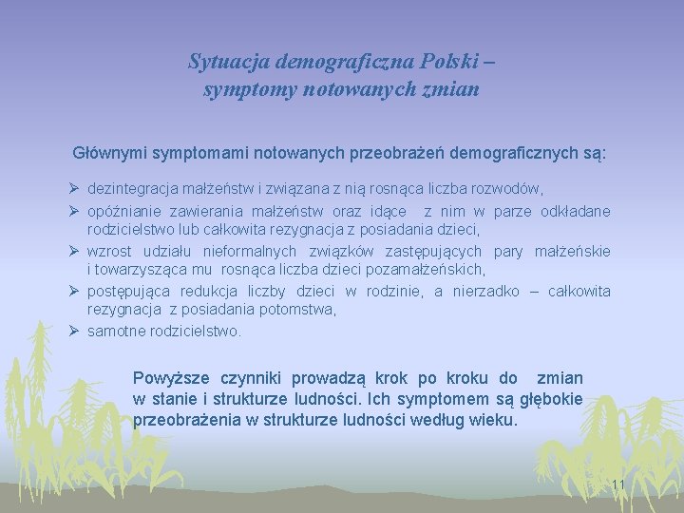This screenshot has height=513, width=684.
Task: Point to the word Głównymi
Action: [105, 153]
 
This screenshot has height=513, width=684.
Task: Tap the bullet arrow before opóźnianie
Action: [77, 211]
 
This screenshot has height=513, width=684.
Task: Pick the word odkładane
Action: [576, 211]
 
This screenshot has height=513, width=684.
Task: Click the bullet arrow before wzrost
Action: [77, 251]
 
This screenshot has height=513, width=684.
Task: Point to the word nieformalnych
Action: [249, 251]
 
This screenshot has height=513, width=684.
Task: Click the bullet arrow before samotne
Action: [77, 332]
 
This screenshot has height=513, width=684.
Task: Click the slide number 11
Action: [617, 485]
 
